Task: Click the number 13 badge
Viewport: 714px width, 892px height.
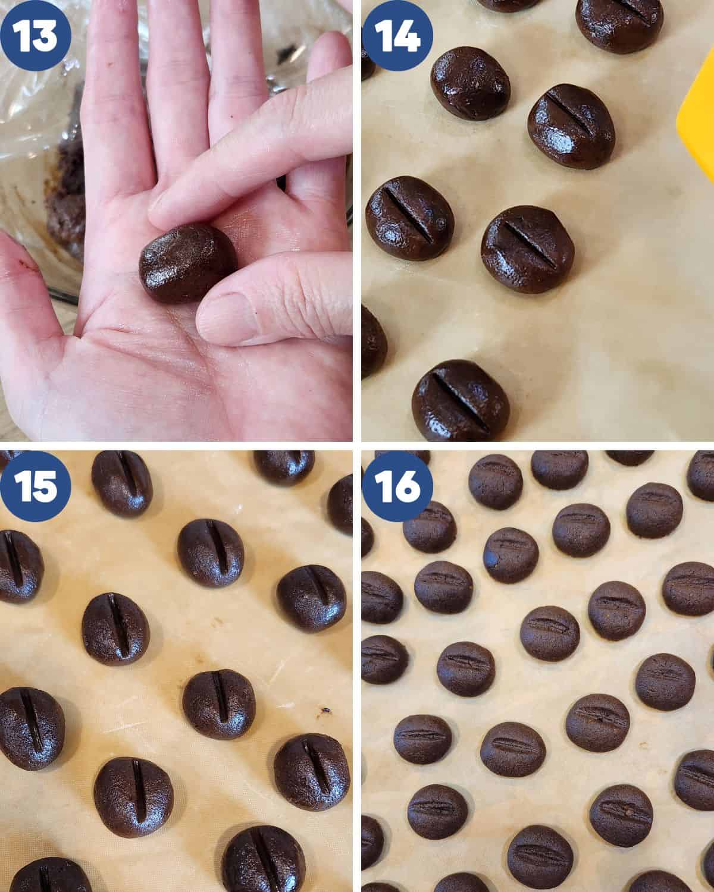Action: click(35, 35)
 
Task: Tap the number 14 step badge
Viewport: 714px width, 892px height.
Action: click(397, 35)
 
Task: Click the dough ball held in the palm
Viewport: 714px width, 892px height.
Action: click(187, 263)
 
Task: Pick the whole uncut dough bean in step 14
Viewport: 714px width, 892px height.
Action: click(470, 83)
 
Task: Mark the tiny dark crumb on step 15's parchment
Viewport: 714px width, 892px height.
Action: click(325, 712)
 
